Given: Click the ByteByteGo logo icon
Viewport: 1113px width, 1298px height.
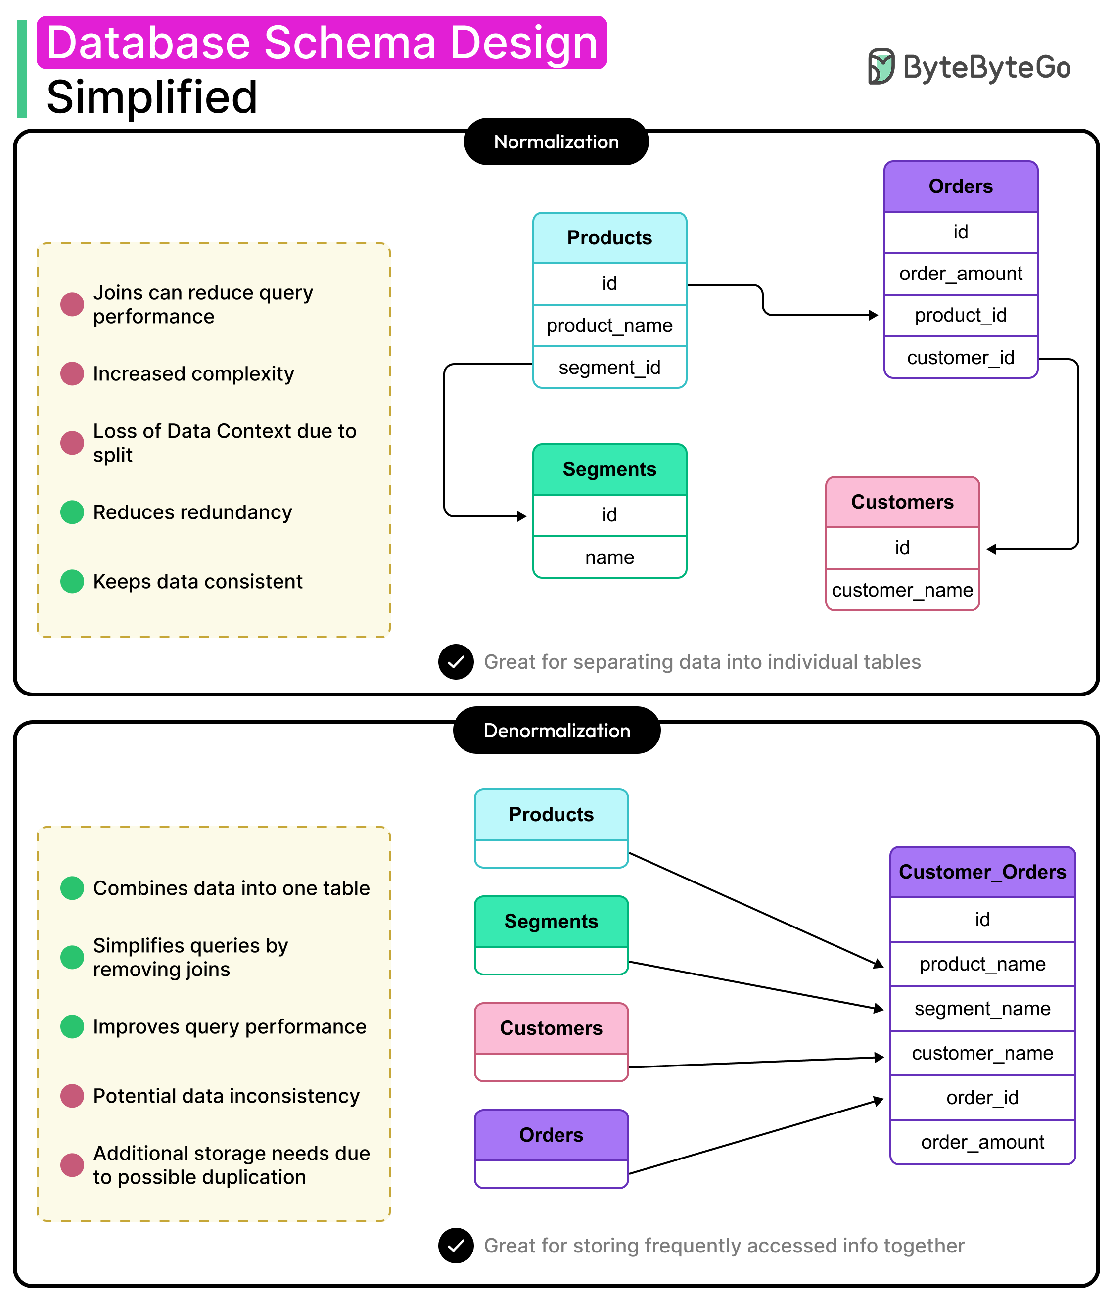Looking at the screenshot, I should [881, 66].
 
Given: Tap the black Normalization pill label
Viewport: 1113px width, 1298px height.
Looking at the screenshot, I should [556, 141].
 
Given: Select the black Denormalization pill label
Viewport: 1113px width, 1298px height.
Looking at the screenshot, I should [556, 731].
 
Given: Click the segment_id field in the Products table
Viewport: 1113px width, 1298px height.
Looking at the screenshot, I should [609, 368].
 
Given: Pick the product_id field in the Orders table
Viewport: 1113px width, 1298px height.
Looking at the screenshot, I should [960, 315].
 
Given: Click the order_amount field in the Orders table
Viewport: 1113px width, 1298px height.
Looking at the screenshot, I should [960, 274].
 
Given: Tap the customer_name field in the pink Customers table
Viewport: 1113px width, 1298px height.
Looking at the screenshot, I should [902, 590].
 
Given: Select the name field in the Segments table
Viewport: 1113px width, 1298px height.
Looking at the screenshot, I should [609, 557].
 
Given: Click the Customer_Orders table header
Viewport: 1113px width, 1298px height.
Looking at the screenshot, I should [982, 872].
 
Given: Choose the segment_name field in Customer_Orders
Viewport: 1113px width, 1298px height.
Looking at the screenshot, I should [982, 1009].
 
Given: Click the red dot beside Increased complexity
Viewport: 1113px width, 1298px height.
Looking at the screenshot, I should [72, 374].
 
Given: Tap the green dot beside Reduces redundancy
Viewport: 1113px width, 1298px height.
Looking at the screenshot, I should [72, 512].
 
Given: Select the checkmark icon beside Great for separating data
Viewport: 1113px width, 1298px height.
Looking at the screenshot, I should [456, 661].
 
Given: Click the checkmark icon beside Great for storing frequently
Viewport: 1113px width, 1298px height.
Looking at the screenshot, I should [456, 1246].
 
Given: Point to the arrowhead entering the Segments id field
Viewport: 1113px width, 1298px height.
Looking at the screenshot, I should [522, 516].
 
